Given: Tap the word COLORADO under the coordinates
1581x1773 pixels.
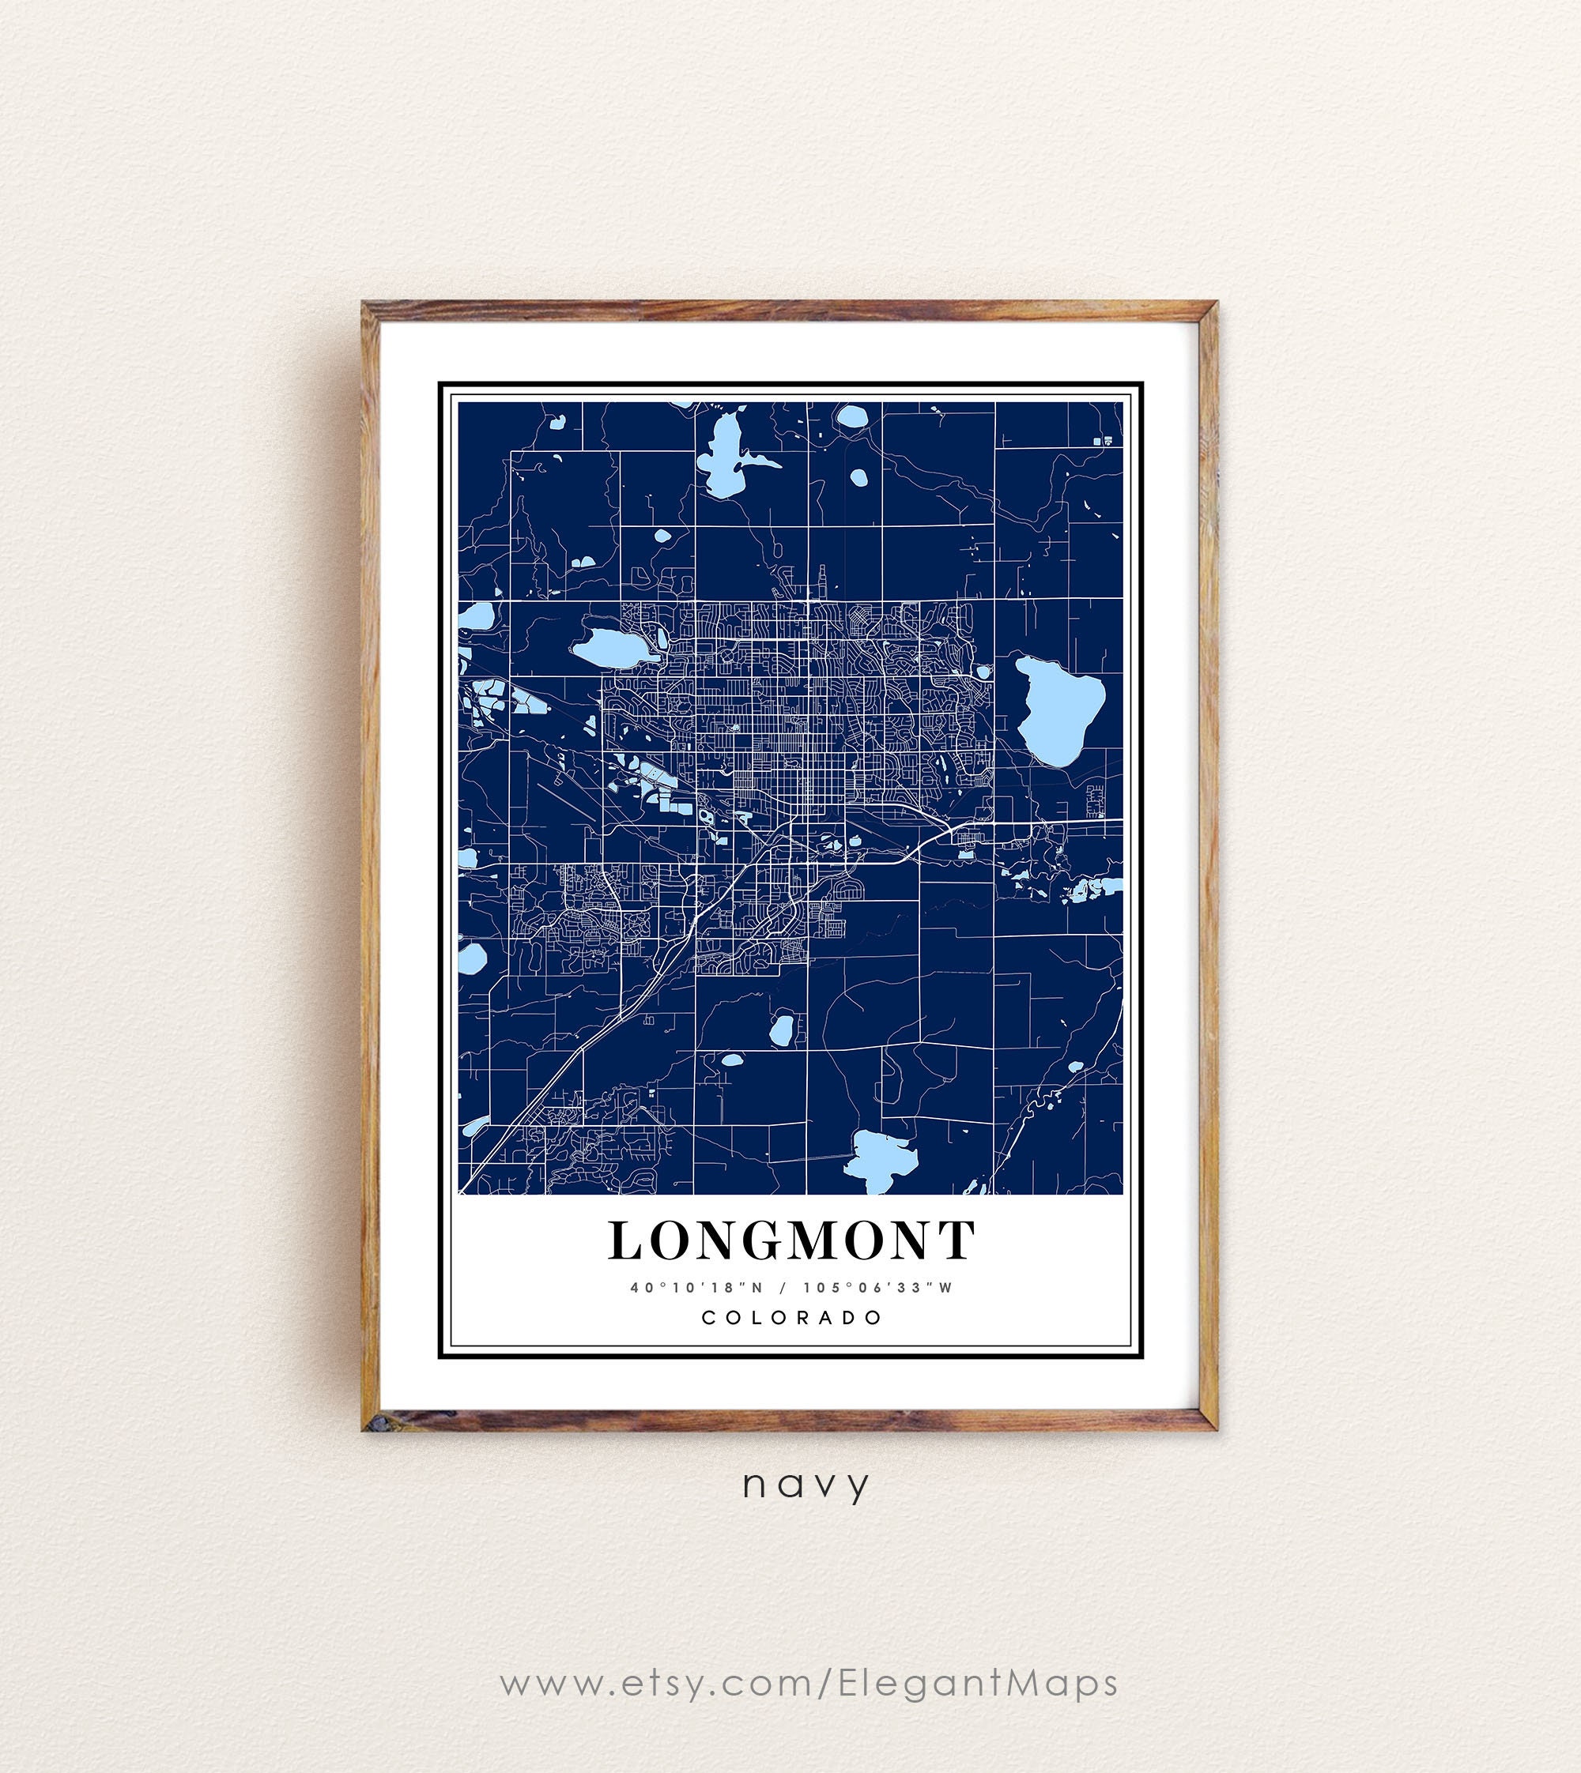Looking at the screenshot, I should [791, 1317].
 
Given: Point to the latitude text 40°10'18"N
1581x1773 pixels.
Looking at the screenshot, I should [696, 1288].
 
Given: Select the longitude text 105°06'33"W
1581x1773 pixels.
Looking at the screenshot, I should [878, 1288].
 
